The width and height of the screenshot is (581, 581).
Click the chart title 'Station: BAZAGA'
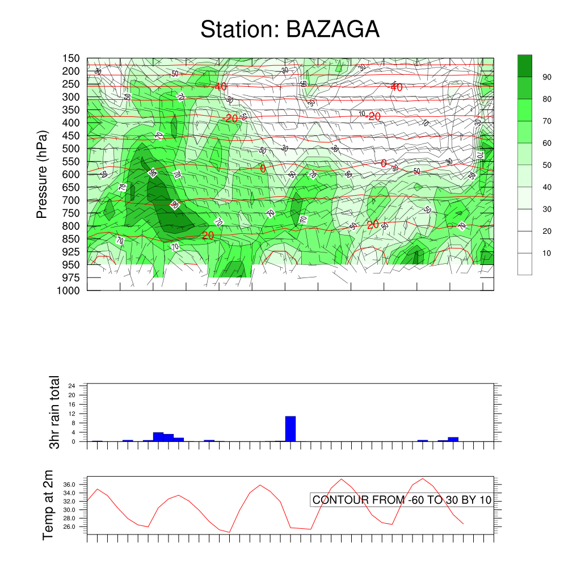coord(290,30)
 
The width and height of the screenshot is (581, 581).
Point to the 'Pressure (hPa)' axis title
coord(41,174)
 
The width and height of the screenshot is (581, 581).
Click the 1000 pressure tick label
coord(69,290)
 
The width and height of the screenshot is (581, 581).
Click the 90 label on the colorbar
coord(547,77)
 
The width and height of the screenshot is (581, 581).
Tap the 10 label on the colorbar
coord(547,253)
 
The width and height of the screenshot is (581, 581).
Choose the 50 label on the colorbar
coord(547,165)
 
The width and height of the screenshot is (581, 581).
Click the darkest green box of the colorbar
coord(525,66)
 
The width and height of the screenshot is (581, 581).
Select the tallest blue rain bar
coord(290,428)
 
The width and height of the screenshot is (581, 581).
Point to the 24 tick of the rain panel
coord(72,385)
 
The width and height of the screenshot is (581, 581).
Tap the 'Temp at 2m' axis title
coord(48,505)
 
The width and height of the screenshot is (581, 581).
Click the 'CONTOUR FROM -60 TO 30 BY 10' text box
coord(402,500)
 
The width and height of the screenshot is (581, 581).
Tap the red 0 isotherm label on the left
coord(263,169)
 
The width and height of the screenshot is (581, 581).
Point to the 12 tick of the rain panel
coord(72,413)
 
